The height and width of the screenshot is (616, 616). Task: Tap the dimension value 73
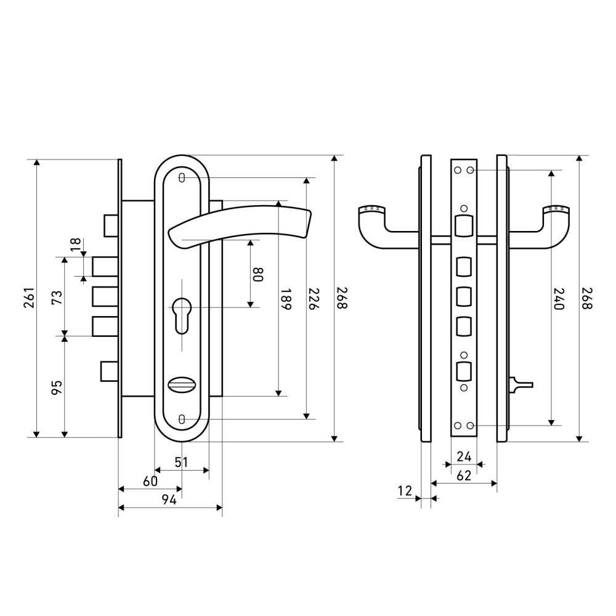[x=56, y=298]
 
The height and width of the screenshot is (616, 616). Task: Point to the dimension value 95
[x=56, y=387]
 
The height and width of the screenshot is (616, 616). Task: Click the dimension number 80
[x=258, y=274]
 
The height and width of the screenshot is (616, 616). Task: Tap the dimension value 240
[x=558, y=299]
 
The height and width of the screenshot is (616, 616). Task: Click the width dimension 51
[x=181, y=461]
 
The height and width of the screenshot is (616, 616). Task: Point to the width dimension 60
[x=150, y=481]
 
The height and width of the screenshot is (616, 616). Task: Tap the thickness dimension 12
[x=405, y=490]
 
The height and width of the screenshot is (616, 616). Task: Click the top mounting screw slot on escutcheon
[x=182, y=178]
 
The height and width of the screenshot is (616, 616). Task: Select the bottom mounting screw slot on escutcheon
[x=182, y=419]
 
